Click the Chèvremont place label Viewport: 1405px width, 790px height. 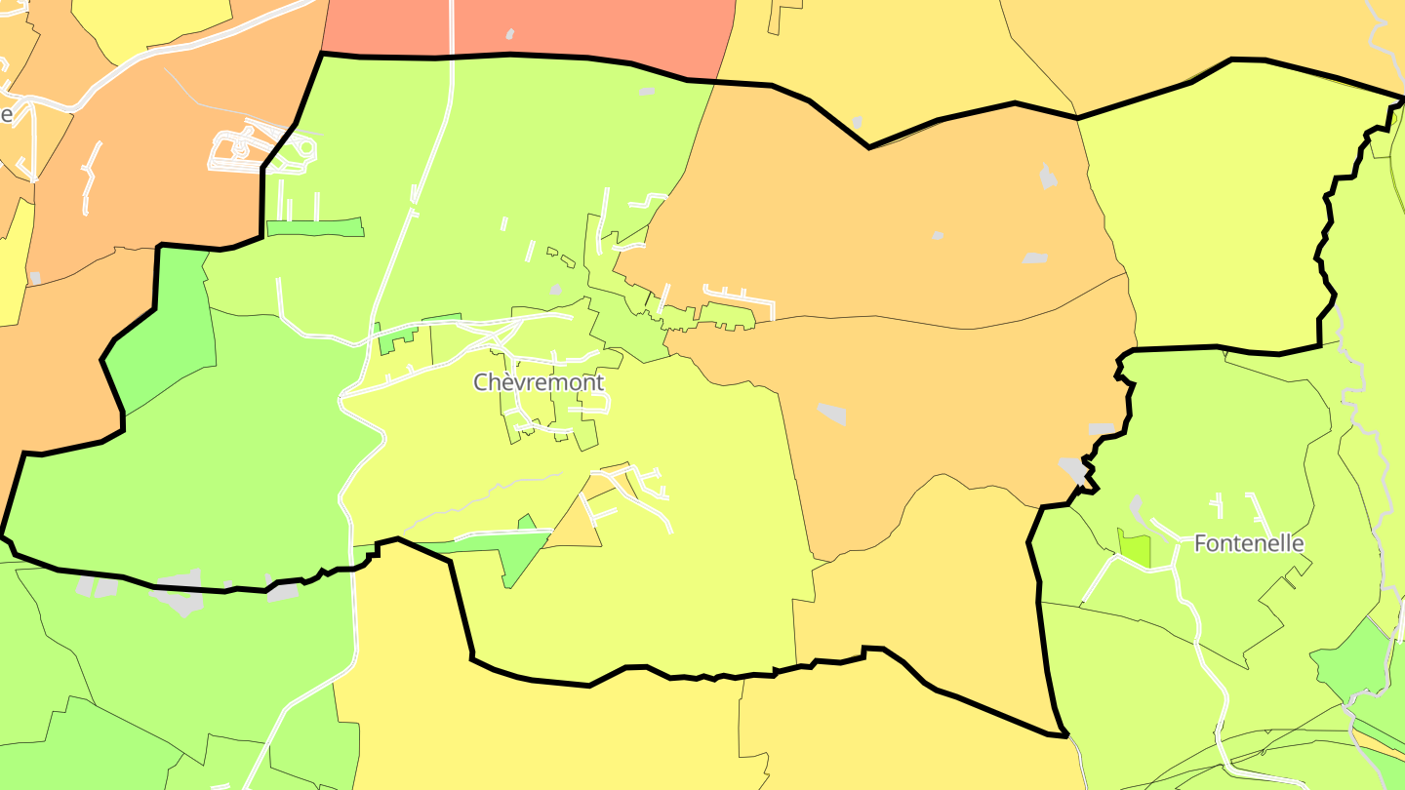pyautogui.click(x=539, y=382)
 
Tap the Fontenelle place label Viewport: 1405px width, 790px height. pyautogui.click(x=1249, y=543)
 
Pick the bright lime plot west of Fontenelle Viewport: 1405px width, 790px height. pyautogui.click(x=1134, y=549)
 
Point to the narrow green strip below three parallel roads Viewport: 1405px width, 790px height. pyautogui.click(x=314, y=228)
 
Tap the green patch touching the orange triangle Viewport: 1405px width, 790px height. pyautogui.click(x=517, y=551)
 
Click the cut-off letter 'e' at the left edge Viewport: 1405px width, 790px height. pyautogui.click(x=6, y=114)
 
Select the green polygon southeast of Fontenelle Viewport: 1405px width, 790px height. pyautogui.click(x=1351, y=663)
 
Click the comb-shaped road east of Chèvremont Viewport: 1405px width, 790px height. pyautogui.click(x=739, y=297)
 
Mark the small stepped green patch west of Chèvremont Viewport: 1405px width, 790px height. pyautogui.click(x=396, y=339)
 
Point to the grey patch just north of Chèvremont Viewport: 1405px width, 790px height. pyautogui.click(x=555, y=290)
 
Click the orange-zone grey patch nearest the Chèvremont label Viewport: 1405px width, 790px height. pyautogui.click(x=832, y=414)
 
